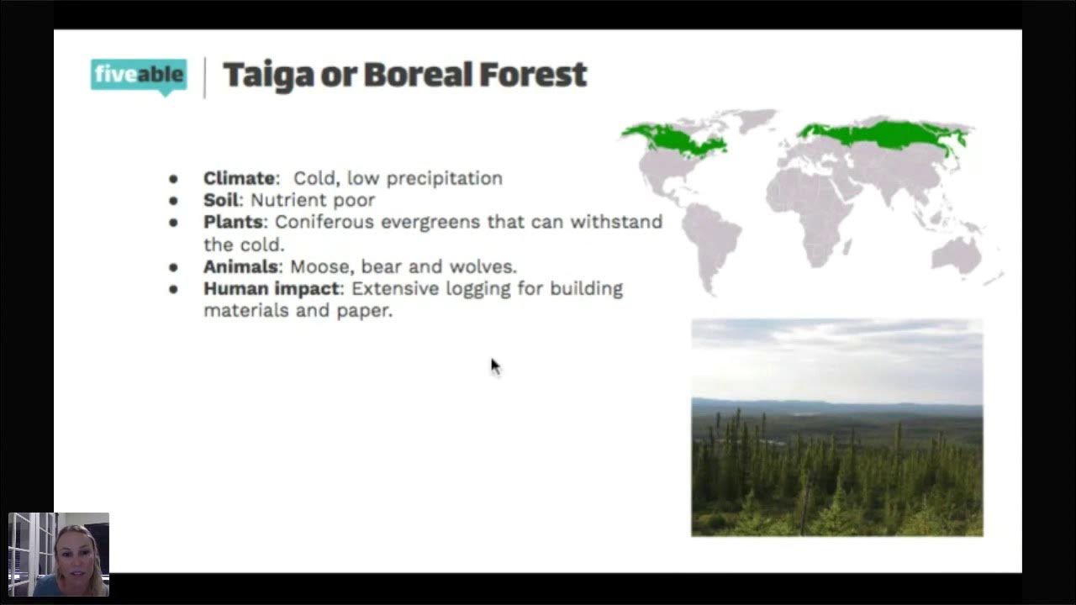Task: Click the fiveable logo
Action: pos(138,75)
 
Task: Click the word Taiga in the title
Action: pos(268,75)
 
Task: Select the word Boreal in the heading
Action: pos(418,75)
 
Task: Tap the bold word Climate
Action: pos(240,178)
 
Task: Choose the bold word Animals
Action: pos(240,266)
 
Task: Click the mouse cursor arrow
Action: pos(494,366)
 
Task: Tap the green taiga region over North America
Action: pos(672,139)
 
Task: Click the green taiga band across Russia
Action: pos(883,134)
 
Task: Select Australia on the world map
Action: pos(956,254)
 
